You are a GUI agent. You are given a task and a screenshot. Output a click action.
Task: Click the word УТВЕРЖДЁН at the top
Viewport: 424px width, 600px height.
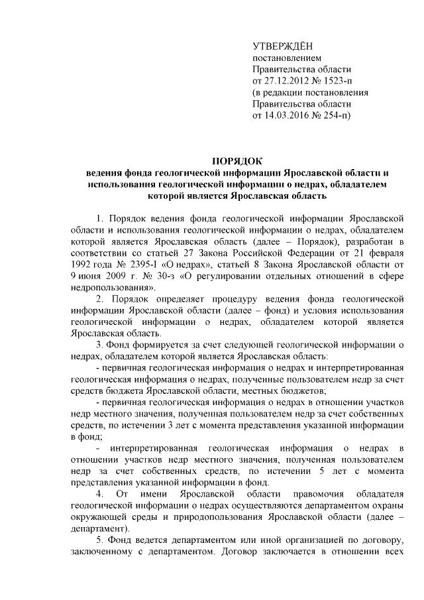[282, 46]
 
